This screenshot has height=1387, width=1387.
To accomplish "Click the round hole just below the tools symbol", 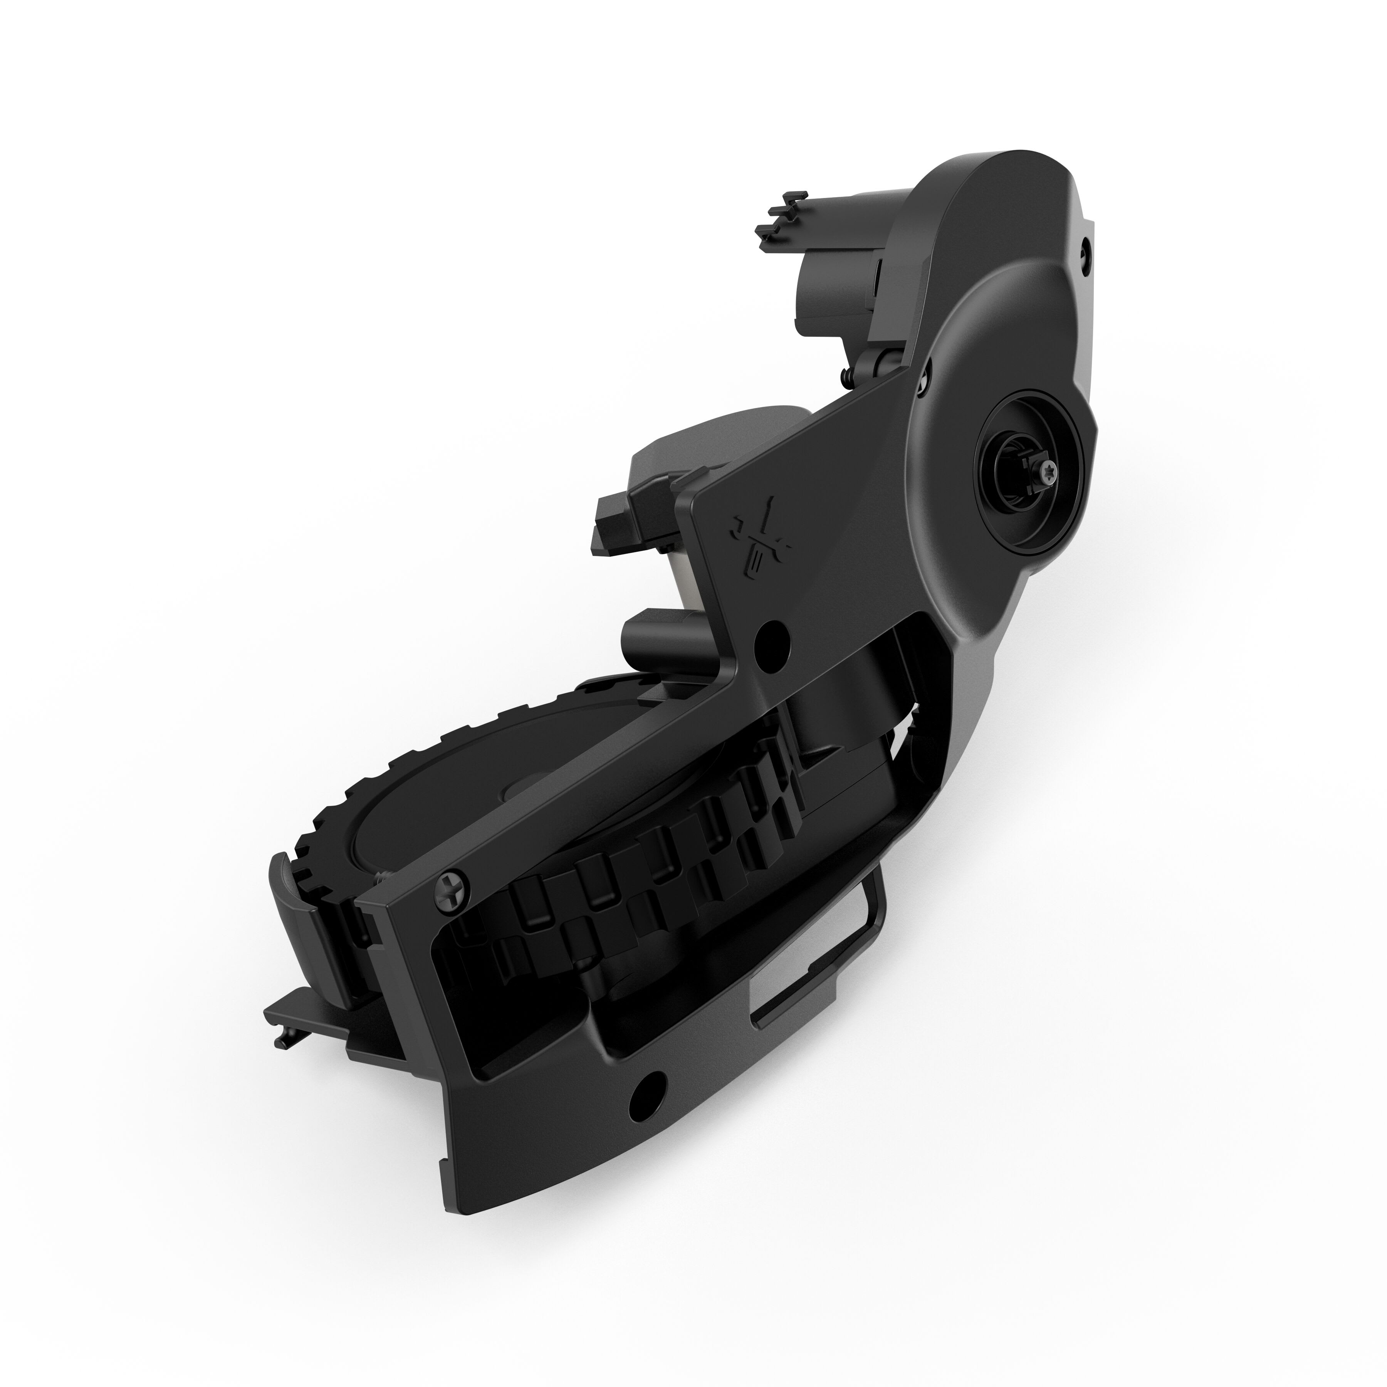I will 773,633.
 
